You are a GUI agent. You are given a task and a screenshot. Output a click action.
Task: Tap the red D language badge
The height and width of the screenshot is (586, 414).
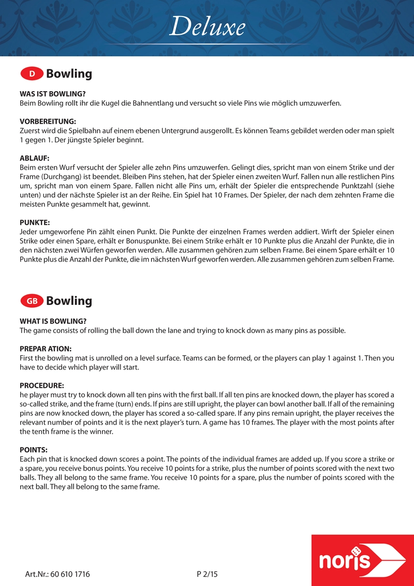tap(32, 74)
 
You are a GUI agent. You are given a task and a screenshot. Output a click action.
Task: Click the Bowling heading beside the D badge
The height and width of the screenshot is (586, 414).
tap(69, 74)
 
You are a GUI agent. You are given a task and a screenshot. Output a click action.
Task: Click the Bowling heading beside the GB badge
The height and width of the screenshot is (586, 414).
tap(69, 301)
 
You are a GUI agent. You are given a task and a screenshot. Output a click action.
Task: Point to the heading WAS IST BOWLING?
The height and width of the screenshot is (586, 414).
tap(52, 94)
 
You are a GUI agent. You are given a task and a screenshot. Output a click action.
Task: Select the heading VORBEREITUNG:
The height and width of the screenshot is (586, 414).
tap(48, 121)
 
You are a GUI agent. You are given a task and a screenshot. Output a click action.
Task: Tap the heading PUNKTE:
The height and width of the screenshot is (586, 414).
tap(35, 222)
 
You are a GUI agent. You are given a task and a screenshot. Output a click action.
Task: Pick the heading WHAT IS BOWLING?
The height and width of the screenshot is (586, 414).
tap(53, 321)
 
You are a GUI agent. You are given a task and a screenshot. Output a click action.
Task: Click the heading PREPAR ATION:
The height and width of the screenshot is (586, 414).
tap(46, 348)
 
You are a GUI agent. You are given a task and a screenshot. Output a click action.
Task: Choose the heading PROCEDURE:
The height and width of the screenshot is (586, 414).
tap(42, 386)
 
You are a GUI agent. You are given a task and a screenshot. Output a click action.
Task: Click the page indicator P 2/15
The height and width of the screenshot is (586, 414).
tap(208, 574)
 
